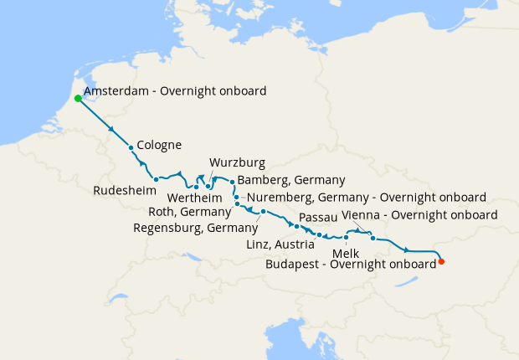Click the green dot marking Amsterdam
(x=78, y=98)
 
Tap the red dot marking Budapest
(x=441, y=261)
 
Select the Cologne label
(x=158, y=145)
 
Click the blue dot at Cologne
(x=131, y=148)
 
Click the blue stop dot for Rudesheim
(x=157, y=179)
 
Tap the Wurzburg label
(x=237, y=162)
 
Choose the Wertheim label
(x=195, y=198)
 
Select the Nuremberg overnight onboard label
(x=365, y=198)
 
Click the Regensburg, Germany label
(x=195, y=228)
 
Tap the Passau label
(x=317, y=217)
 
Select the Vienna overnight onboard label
(x=420, y=215)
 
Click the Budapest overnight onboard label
(x=350, y=263)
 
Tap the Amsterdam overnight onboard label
(x=175, y=90)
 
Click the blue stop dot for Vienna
(x=373, y=239)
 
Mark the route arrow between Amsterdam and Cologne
(x=111, y=128)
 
